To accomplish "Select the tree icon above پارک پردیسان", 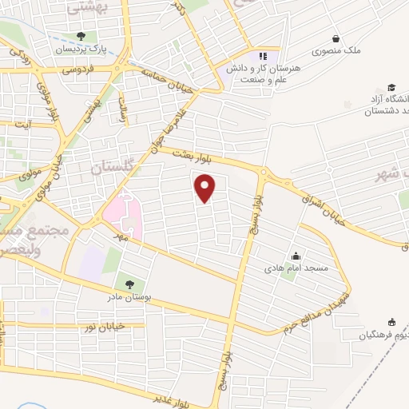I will [x=81, y=36].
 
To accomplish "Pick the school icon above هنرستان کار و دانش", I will [x=263, y=56].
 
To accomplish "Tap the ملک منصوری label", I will [x=338, y=50].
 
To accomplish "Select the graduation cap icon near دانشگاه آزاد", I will [x=391, y=87].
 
